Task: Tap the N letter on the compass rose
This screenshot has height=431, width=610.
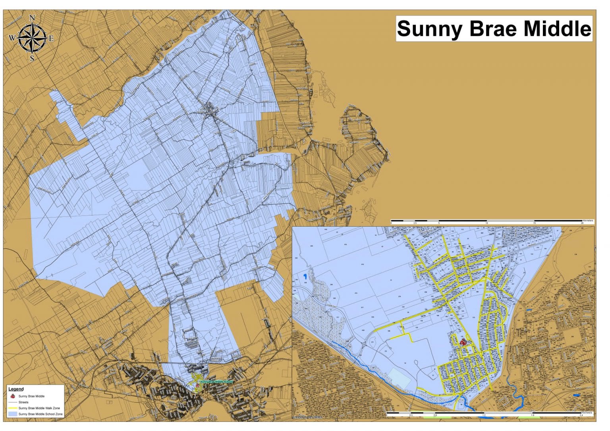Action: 32,18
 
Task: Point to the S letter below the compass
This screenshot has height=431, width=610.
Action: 32,59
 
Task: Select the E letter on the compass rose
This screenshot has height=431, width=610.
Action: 51,38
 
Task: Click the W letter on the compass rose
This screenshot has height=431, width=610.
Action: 12,38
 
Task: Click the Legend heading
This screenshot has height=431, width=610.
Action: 16,389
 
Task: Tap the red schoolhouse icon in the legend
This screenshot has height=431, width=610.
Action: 13,396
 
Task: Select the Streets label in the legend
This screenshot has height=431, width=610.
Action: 23,402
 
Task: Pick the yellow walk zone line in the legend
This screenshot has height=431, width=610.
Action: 13,408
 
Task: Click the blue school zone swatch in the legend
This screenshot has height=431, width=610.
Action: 13,414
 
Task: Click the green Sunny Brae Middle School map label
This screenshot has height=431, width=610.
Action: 216,381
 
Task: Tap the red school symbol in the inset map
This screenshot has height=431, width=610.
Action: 463,341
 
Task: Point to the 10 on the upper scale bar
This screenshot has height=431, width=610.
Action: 487,223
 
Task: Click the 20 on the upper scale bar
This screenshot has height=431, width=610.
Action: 582,223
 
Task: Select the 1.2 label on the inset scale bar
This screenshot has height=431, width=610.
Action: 483,416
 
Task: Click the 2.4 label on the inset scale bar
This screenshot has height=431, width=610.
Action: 581,416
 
